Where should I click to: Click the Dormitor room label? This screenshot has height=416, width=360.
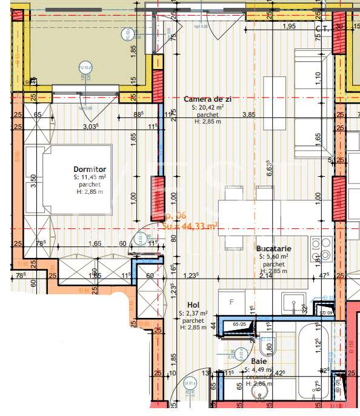[90, 169]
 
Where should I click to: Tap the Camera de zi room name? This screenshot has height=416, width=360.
[208, 99]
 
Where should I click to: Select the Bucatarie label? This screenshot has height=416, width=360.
[274, 248]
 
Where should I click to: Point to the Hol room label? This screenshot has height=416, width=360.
[193, 305]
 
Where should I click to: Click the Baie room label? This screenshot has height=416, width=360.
[259, 361]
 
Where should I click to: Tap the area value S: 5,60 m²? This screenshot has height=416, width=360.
[274, 256]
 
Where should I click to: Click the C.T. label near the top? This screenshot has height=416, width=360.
[321, 27]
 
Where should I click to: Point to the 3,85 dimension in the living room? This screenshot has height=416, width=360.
[248, 114]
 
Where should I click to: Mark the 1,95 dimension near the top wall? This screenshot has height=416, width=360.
[290, 26]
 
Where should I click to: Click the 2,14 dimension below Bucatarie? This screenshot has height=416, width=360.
[265, 276]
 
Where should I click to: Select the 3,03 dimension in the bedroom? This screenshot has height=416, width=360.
[90, 127]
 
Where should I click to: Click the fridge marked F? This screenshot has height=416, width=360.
[231, 301]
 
